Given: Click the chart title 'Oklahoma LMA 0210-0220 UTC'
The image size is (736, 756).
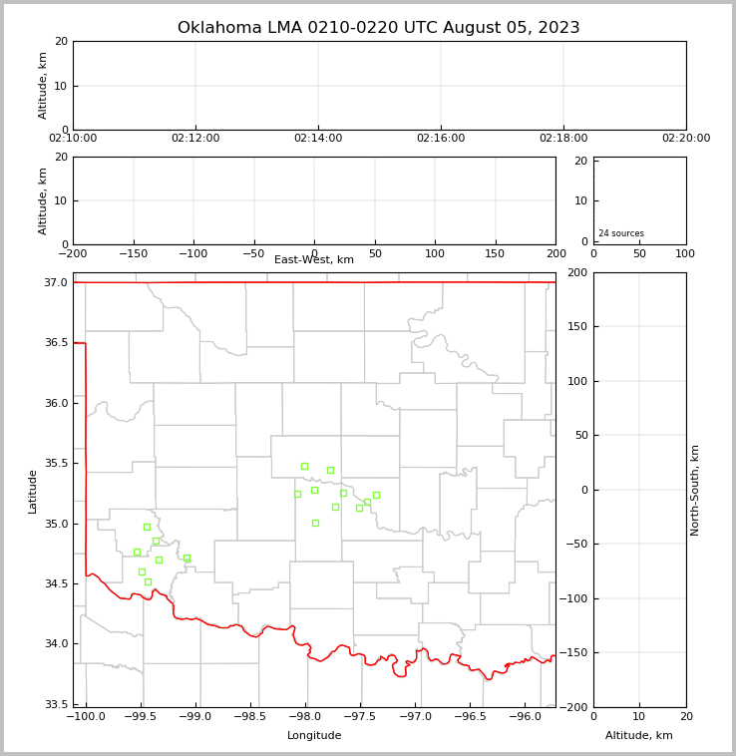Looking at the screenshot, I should coord(378,28).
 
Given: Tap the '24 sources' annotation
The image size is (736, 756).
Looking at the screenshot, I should coord(621,233).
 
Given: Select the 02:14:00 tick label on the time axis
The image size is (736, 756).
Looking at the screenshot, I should coord(318,139).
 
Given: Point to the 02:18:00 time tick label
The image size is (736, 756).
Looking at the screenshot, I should coord(563,139).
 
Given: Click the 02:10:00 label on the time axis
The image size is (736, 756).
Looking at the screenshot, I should coord(73,139).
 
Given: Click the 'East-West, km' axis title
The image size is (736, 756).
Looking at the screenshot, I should coord(314,260).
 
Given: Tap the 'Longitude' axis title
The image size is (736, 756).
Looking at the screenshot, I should coord(314,736).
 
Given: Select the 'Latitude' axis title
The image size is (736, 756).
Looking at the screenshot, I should coord(33,491).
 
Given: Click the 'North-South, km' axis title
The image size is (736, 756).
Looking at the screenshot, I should coord(695,490).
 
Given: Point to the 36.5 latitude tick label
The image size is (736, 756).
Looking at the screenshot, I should coord(55,342).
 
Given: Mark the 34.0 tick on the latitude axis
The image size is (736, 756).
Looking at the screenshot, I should coord(55,643).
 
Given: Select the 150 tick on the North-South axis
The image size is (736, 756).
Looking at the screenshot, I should coord(577,326).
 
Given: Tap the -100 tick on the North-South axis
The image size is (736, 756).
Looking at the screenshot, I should coord(574,598).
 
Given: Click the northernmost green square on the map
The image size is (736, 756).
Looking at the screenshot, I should coord(304,466).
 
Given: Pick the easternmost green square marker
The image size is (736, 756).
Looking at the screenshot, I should coord(376,495).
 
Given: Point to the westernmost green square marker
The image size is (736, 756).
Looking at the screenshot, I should coord(137,552).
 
